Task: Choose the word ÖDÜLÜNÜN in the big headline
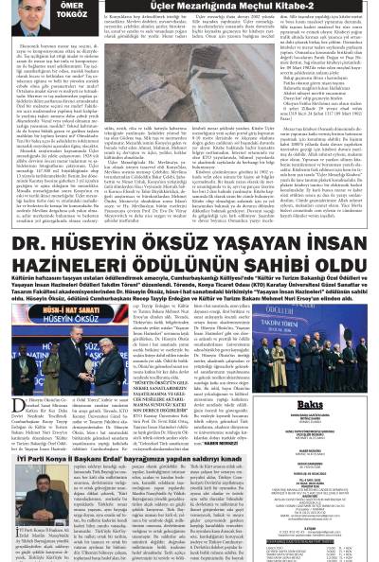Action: pos(191,245)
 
